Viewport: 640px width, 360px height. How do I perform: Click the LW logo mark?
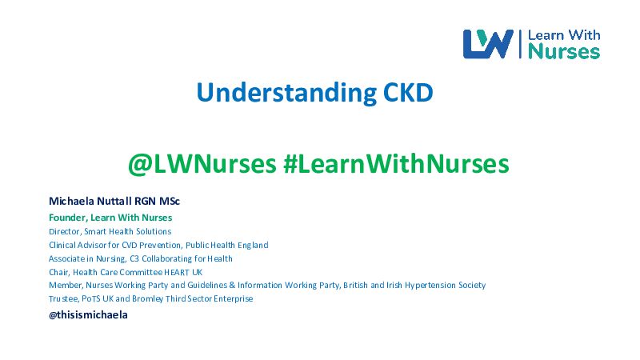488,44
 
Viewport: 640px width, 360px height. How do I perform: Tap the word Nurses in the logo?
564,52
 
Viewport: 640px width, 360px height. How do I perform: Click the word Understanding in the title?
286,93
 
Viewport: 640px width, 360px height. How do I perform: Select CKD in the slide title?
408,92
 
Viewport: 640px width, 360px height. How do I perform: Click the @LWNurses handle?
202,164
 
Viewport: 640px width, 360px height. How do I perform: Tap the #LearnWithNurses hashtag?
396,164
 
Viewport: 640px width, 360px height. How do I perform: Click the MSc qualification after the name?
170,201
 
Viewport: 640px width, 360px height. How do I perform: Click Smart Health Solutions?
128,231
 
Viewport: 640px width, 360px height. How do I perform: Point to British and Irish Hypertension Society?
414,285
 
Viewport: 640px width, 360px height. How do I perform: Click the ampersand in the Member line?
232,285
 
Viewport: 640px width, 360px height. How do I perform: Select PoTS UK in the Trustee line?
98,298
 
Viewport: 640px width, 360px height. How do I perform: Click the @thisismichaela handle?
88,314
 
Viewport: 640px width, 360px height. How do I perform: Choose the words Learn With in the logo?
564,35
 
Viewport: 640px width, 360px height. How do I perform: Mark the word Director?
65,231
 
